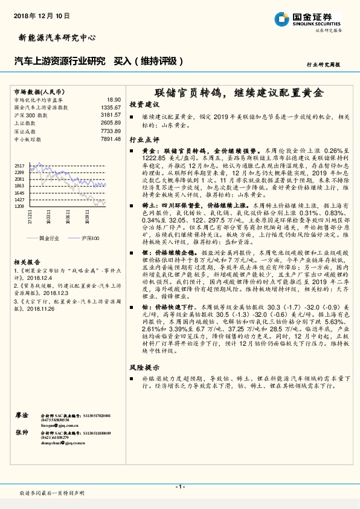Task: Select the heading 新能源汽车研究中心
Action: click(x=54, y=38)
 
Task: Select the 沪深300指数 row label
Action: click(x=30, y=115)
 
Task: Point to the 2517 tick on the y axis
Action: click(x=19, y=165)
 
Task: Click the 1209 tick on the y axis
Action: click(x=19, y=207)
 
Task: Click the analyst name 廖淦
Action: click(x=21, y=415)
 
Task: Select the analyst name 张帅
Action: click(x=21, y=433)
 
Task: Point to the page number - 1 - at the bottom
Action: click(x=179, y=487)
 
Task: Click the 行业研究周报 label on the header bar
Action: click(x=324, y=63)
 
